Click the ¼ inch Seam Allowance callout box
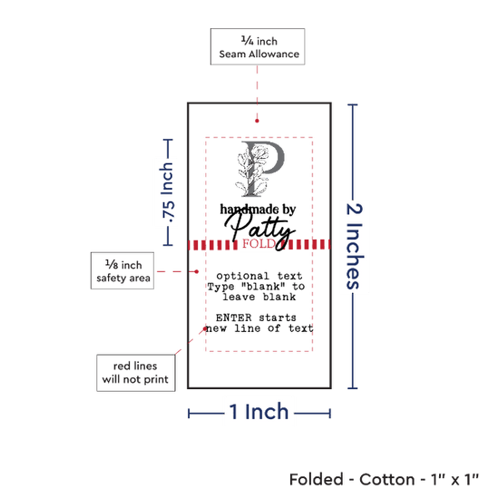point(258,47)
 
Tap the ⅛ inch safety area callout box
point(122,271)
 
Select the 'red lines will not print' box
point(136,373)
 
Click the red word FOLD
point(259,244)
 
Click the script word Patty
point(260,230)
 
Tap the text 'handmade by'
point(258,209)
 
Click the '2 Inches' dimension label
point(355,246)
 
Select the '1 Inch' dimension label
point(259,412)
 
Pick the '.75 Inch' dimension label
point(167,192)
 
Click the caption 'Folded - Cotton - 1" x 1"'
point(384,479)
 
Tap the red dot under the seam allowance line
point(257,121)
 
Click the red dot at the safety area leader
point(197,271)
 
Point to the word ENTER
point(233,318)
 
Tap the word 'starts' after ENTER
point(278,318)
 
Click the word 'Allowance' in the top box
point(274,54)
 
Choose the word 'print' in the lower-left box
point(156,379)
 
